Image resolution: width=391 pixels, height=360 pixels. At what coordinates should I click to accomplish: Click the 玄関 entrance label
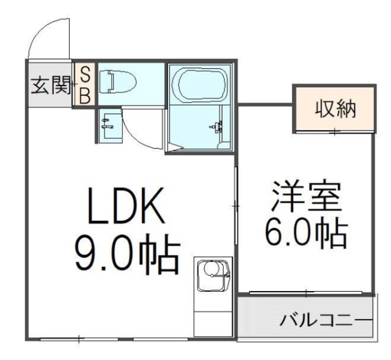(49, 86)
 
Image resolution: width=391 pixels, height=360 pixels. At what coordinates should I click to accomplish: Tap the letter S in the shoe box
(85, 74)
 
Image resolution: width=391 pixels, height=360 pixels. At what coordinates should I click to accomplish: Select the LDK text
(125, 207)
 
